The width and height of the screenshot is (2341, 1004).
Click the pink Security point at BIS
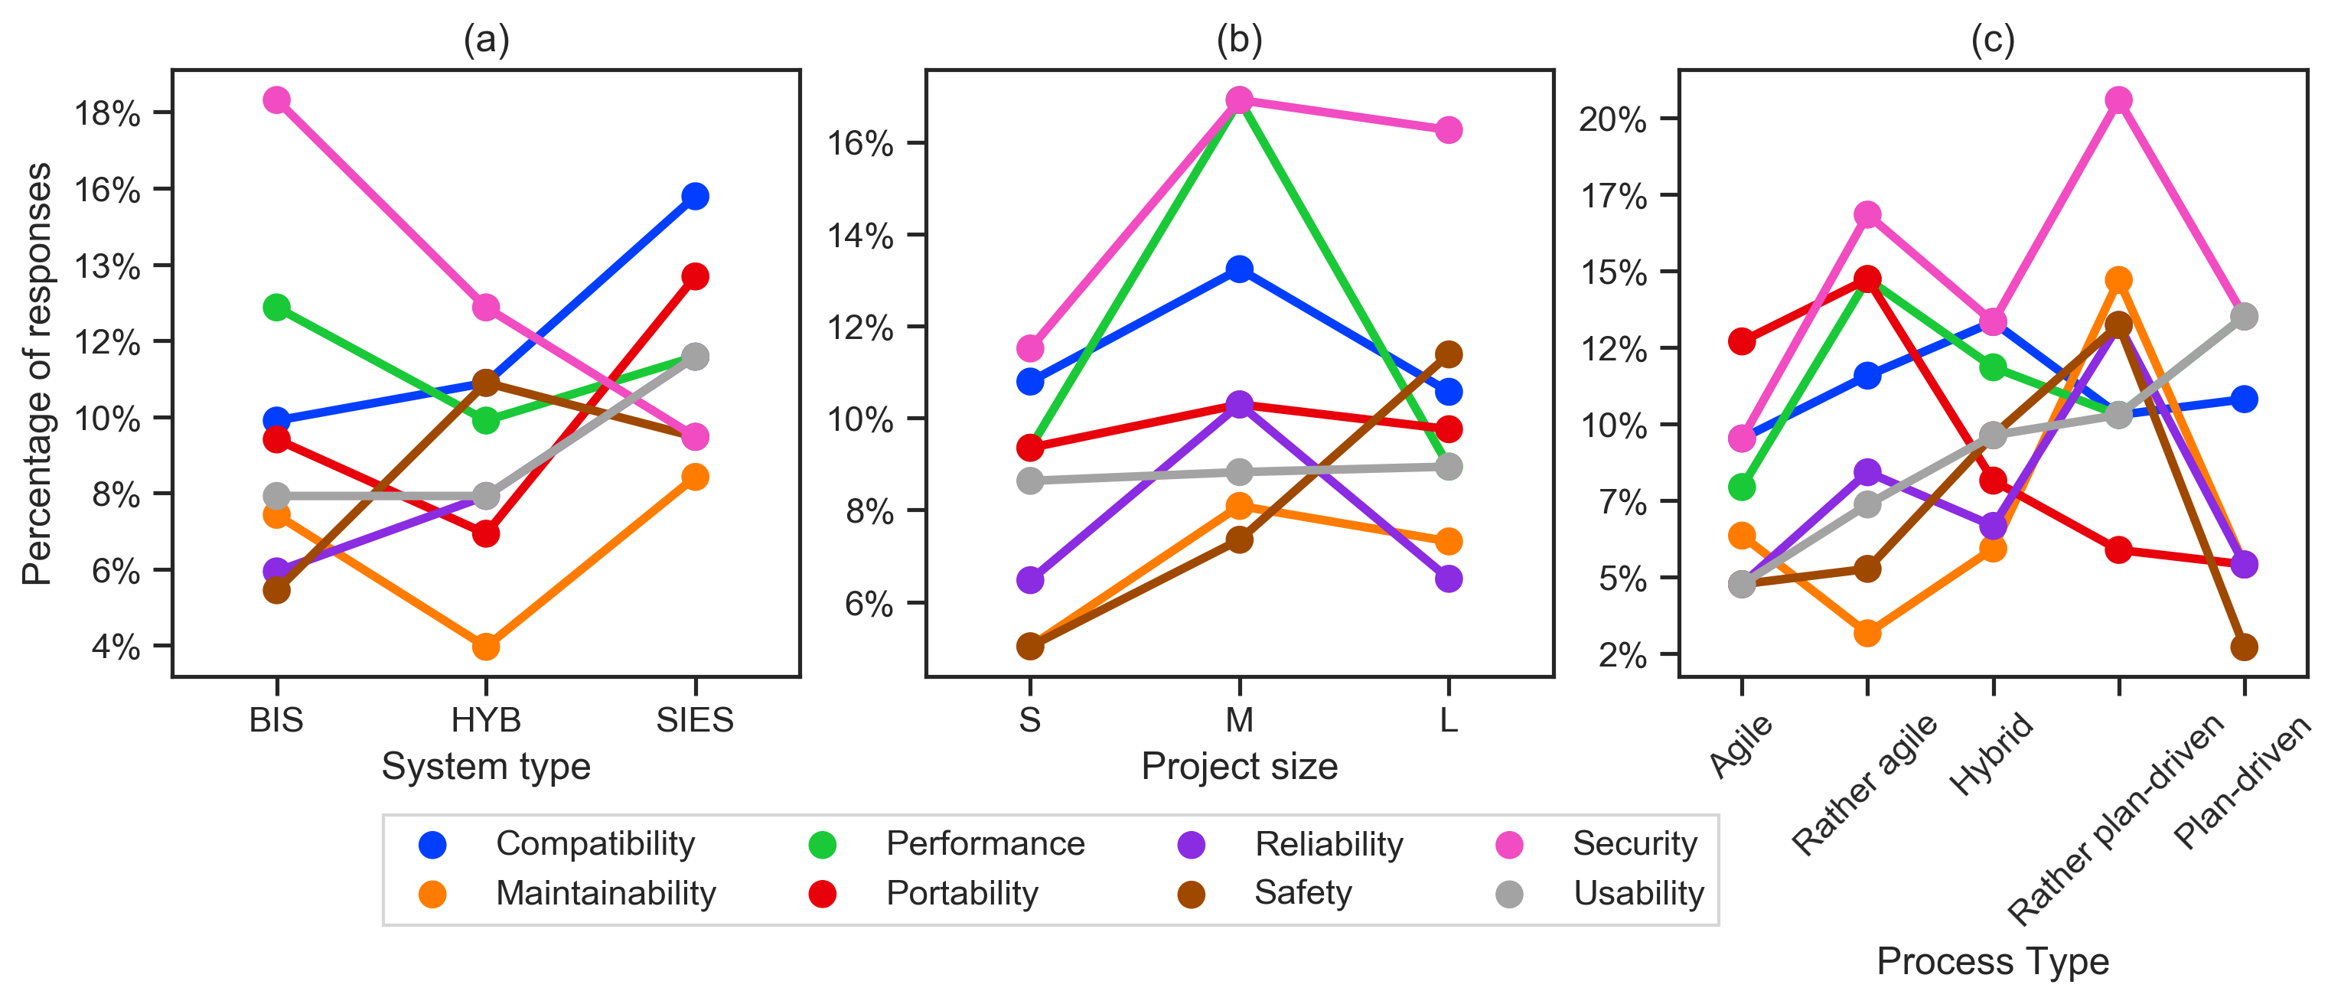[x=276, y=100]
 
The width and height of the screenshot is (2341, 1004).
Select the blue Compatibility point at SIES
[x=695, y=196]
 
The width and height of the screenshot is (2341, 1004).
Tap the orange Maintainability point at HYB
[x=486, y=647]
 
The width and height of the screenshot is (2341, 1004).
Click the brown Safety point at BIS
[x=276, y=591]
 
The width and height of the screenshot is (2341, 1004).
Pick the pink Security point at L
[x=1449, y=130]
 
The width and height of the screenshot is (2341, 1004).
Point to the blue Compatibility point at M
[x=1239, y=269]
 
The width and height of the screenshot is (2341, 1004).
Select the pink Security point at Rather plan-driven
[x=2118, y=100]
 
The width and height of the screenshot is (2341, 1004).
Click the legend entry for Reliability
[x=1328, y=844]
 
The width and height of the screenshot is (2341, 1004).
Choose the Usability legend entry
[x=1638, y=893]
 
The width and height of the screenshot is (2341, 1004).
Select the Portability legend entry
[x=961, y=893]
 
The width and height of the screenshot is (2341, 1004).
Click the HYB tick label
[x=486, y=719]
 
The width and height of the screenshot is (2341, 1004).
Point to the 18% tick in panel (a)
[x=107, y=113]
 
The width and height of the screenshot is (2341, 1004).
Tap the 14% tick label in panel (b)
[x=859, y=236]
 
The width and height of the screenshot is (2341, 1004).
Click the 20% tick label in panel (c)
[x=1613, y=119]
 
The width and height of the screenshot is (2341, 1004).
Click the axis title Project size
[x=1239, y=766]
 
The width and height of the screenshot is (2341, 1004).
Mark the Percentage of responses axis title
[x=37, y=373]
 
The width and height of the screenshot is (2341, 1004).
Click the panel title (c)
[x=1992, y=39]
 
